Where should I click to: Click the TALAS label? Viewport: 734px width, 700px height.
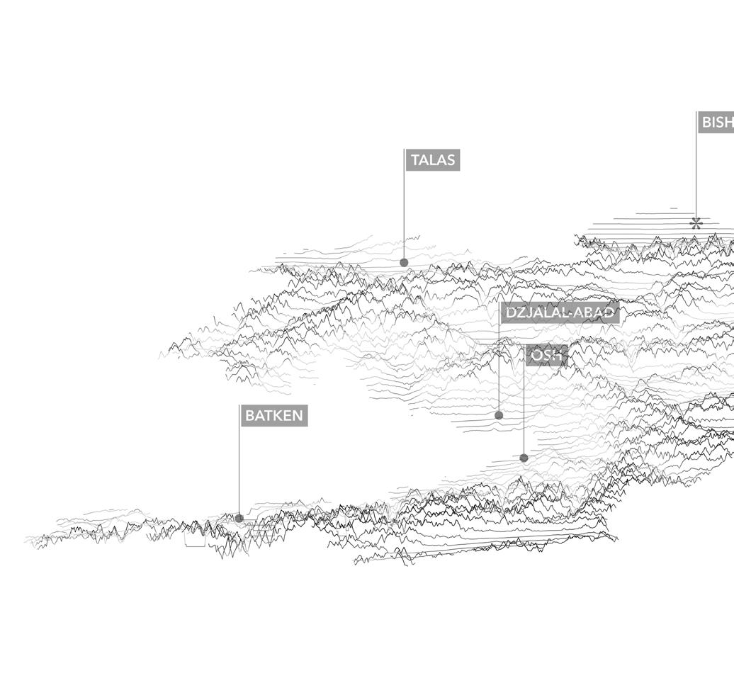point(433,160)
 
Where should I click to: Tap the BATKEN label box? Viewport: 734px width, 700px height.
point(274,416)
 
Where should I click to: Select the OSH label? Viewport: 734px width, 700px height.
point(547,356)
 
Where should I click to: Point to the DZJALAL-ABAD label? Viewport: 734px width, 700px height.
point(560,313)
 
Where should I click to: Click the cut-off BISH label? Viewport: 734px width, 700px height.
point(716,123)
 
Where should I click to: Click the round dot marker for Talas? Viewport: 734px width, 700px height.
point(404,262)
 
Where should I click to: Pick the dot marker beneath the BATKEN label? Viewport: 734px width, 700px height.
point(239,518)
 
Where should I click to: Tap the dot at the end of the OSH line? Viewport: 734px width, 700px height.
point(524,458)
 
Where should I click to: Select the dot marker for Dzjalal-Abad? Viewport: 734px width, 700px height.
point(499,415)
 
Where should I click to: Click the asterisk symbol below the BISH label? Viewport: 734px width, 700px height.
point(696,224)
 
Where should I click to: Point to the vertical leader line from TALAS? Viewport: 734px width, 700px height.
point(404,213)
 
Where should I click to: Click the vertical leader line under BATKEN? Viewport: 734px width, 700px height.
point(239,468)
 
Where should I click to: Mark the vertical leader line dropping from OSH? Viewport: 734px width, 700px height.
point(524,411)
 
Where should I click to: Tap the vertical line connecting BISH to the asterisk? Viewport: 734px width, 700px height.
point(696,170)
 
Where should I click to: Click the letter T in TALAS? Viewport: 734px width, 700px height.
point(415,160)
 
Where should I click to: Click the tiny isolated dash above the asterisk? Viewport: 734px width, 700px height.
point(673,208)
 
